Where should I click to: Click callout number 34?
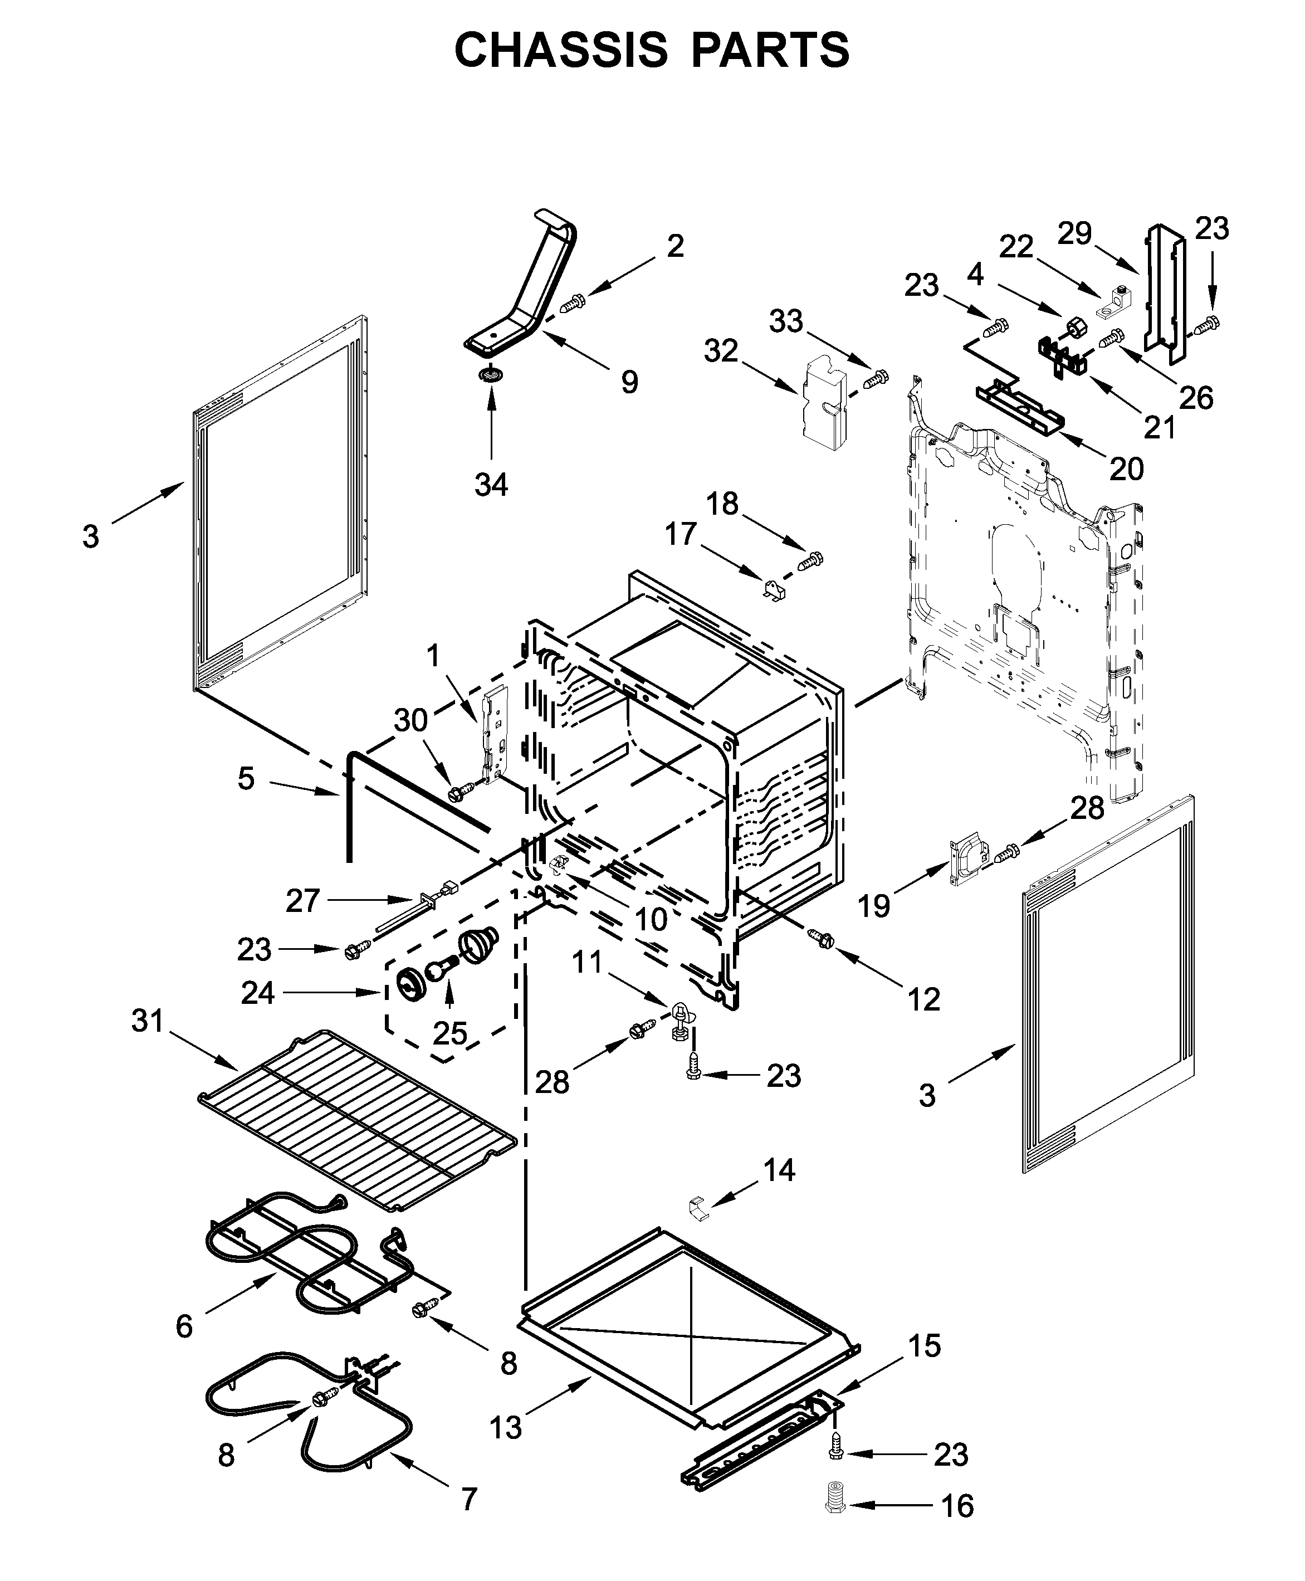pyautogui.click(x=491, y=485)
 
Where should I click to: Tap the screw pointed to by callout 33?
pyautogui.click(x=875, y=378)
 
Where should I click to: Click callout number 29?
pyautogui.click(x=1074, y=234)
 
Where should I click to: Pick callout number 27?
pyautogui.click(x=303, y=900)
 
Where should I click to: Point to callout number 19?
pyautogui.click(x=873, y=906)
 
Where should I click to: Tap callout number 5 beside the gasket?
pyautogui.click(x=247, y=779)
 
